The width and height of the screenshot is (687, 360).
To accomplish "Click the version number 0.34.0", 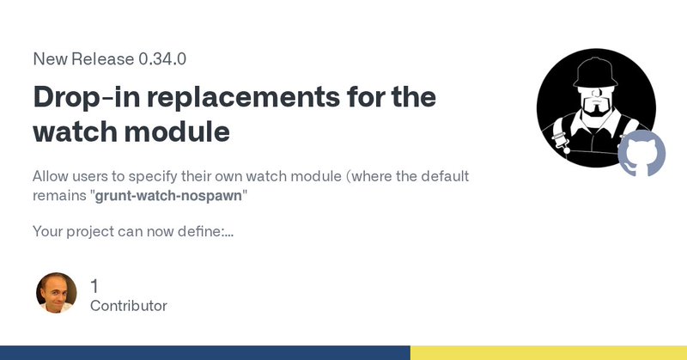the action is click(162, 58).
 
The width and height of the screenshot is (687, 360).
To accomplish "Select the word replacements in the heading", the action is click(243, 97).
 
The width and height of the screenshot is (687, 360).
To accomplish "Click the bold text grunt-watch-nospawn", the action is click(168, 196).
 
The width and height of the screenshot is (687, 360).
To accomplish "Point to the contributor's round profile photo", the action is click(56, 293).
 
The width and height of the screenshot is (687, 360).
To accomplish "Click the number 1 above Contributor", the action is click(94, 286).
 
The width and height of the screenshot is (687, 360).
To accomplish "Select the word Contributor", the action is click(128, 306).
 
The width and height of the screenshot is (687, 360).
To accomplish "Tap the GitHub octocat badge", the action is click(641, 153).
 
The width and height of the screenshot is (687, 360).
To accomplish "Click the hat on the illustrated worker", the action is click(595, 73).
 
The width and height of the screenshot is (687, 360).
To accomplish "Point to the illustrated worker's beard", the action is click(595, 108).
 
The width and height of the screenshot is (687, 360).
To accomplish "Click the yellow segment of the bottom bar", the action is click(549, 353).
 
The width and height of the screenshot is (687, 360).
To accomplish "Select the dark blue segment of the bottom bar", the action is click(205, 353).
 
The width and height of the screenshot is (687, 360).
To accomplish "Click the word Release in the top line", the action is click(102, 58).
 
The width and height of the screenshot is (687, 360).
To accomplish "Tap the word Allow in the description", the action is click(51, 176).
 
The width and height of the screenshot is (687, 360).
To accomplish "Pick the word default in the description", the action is click(445, 176).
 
